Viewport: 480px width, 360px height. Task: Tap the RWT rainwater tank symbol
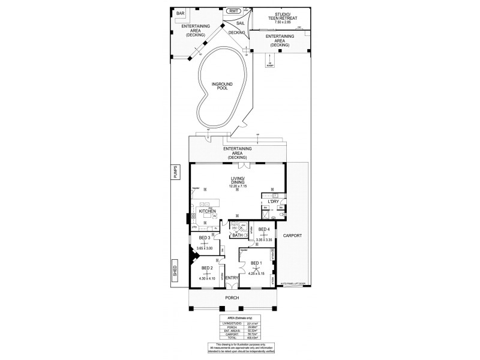[233, 11]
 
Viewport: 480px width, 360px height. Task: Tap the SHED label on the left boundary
[175, 271]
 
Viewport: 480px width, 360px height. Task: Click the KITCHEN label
[207, 211]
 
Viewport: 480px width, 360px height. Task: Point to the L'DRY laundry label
[274, 202]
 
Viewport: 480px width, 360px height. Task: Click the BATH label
[238, 235]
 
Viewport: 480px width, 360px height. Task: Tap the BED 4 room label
[264, 229]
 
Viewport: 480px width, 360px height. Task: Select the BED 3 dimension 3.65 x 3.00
[208, 247]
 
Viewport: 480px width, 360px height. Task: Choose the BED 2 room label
[207, 268]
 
